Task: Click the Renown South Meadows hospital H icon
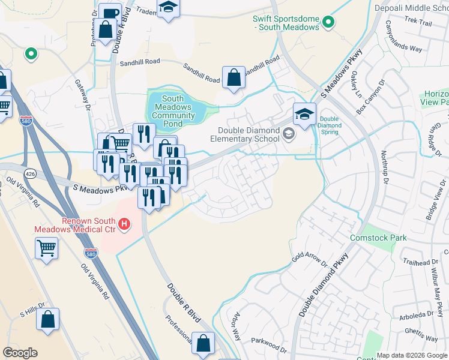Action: (x=124, y=224)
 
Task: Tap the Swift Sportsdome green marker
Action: (x=328, y=23)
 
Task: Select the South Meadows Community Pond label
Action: (x=173, y=107)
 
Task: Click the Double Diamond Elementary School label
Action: (x=249, y=135)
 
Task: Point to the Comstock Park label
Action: (x=378, y=238)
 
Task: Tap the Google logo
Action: (x=20, y=353)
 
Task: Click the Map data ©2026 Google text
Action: (x=412, y=355)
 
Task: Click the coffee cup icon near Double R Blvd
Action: (x=110, y=13)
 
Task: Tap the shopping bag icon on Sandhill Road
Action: (x=233, y=77)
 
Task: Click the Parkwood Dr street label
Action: (x=270, y=346)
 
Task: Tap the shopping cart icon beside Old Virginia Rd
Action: (x=46, y=247)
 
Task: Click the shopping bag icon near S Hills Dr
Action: (x=47, y=319)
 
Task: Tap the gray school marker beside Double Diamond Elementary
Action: (x=289, y=134)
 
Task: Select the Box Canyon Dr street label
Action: (x=370, y=96)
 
